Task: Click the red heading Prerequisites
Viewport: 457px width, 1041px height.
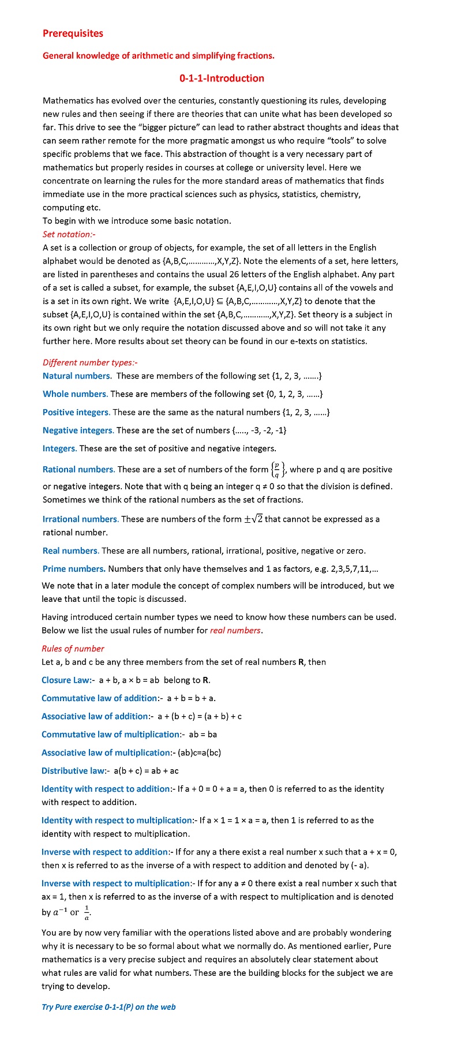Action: tap(73, 33)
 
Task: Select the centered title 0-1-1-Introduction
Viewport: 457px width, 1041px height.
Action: tap(222, 78)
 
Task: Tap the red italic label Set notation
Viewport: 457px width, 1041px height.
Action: tap(69, 234)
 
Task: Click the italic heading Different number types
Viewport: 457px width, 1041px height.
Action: tap(89, 362)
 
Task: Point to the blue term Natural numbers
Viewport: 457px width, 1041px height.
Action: tap(77, 376)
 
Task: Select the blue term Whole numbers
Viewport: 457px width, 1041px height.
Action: tap(74, 394)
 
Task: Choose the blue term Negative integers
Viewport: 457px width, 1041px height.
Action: tap(78, 430)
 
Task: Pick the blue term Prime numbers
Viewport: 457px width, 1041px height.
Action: tap(74, 569)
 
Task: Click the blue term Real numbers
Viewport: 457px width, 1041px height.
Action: tap(70, 551)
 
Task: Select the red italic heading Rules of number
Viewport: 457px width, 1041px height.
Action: tap(73, 649)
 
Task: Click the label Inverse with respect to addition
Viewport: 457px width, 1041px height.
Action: tap(104, 852)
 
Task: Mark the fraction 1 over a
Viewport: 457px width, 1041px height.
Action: tap(87, 912)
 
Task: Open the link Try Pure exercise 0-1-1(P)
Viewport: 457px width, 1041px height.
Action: tap(108, 1007)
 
